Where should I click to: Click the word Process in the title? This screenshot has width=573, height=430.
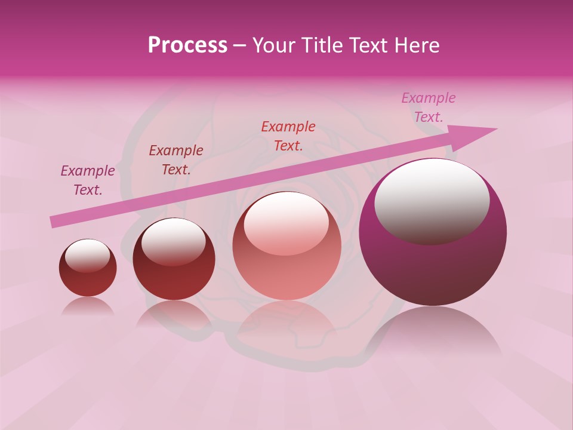pyautogui.click(x=187, y=45)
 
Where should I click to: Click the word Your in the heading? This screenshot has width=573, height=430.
pyautogui.click(x=273, y=45)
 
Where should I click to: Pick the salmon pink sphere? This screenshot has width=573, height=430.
pyautogui.click(x=286, y=269)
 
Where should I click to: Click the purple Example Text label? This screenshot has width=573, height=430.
pyautogui.click(x=88, y=180)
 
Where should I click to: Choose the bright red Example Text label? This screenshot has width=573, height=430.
pyautogui.click(x=288, y=136)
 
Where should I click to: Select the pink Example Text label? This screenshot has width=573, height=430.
pyautogui.click(x=428, y=107)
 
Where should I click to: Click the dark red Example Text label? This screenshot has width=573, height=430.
pyautogui.click(x=176, y=159)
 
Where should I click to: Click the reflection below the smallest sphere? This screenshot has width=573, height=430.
pyautogui.click(x=88, y=306)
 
